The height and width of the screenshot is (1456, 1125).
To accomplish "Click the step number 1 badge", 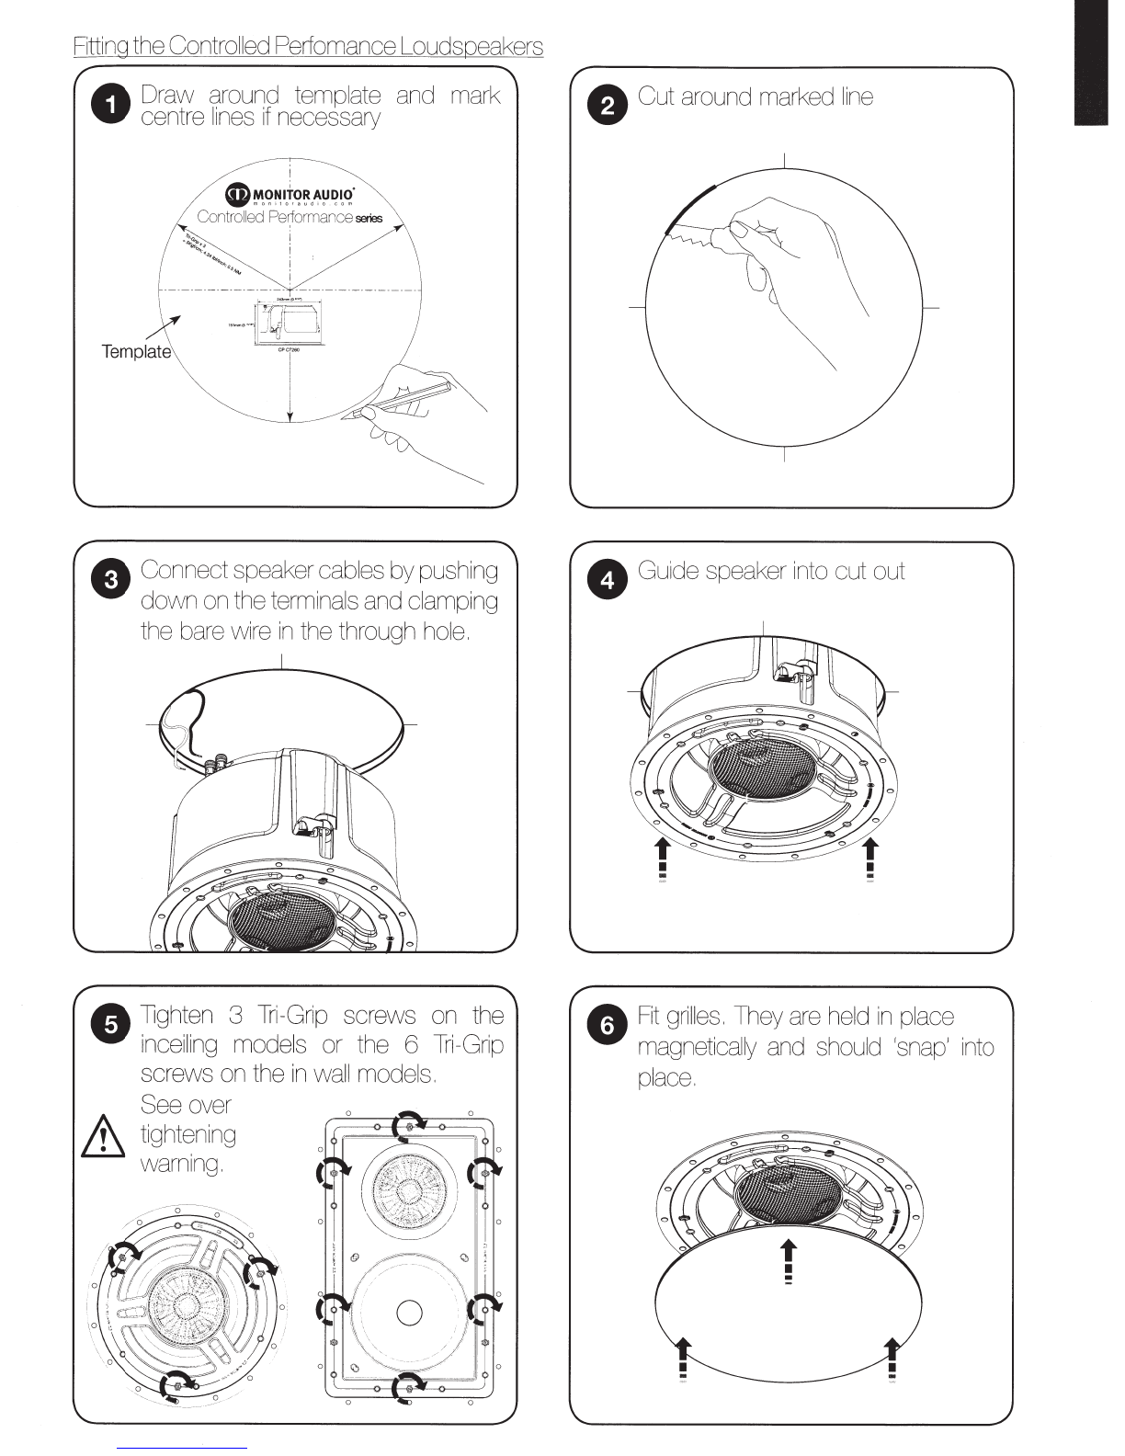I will tap(110, 105).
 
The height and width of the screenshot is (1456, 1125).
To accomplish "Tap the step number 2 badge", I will tap(608, 105).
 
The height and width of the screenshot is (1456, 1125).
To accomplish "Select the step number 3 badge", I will tap(110, 580).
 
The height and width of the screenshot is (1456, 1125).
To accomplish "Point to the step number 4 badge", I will tap(608, 580).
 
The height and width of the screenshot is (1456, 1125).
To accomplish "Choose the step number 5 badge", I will tap(110, 1024).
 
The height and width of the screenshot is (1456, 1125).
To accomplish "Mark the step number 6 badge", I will tap(608, 1024).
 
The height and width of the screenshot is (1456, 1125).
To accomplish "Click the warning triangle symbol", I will tap(104, 1137).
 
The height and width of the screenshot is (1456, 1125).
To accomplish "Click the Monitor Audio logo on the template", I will tap(290, 194).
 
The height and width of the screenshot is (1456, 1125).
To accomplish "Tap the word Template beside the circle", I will tap(136, 351).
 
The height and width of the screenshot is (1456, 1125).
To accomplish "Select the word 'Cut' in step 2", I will tap(656, 97).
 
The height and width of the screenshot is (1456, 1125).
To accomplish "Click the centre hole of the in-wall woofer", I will tap(409, 1312).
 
